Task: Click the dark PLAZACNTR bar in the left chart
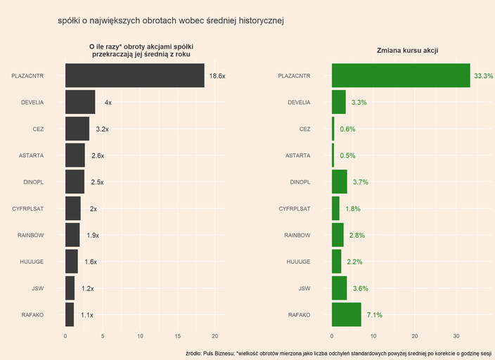[134, 75]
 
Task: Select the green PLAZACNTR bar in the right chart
[401, 75]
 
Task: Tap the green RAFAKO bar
[347, 315]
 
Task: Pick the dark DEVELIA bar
[80, 102]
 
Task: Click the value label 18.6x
[217, 76]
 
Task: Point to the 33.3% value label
[484, 76]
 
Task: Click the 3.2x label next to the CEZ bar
[102, 129]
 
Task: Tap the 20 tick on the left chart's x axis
[215, 335]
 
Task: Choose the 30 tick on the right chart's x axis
[456, 335]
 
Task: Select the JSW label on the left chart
[38, 288]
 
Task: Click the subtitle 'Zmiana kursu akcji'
[408, 50]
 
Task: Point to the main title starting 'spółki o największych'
[171, 21]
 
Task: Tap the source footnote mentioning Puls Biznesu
[337, 352]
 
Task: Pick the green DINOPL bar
[340, 182]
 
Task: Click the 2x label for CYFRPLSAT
[94, 209]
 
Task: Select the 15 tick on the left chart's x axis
[178, 335]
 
